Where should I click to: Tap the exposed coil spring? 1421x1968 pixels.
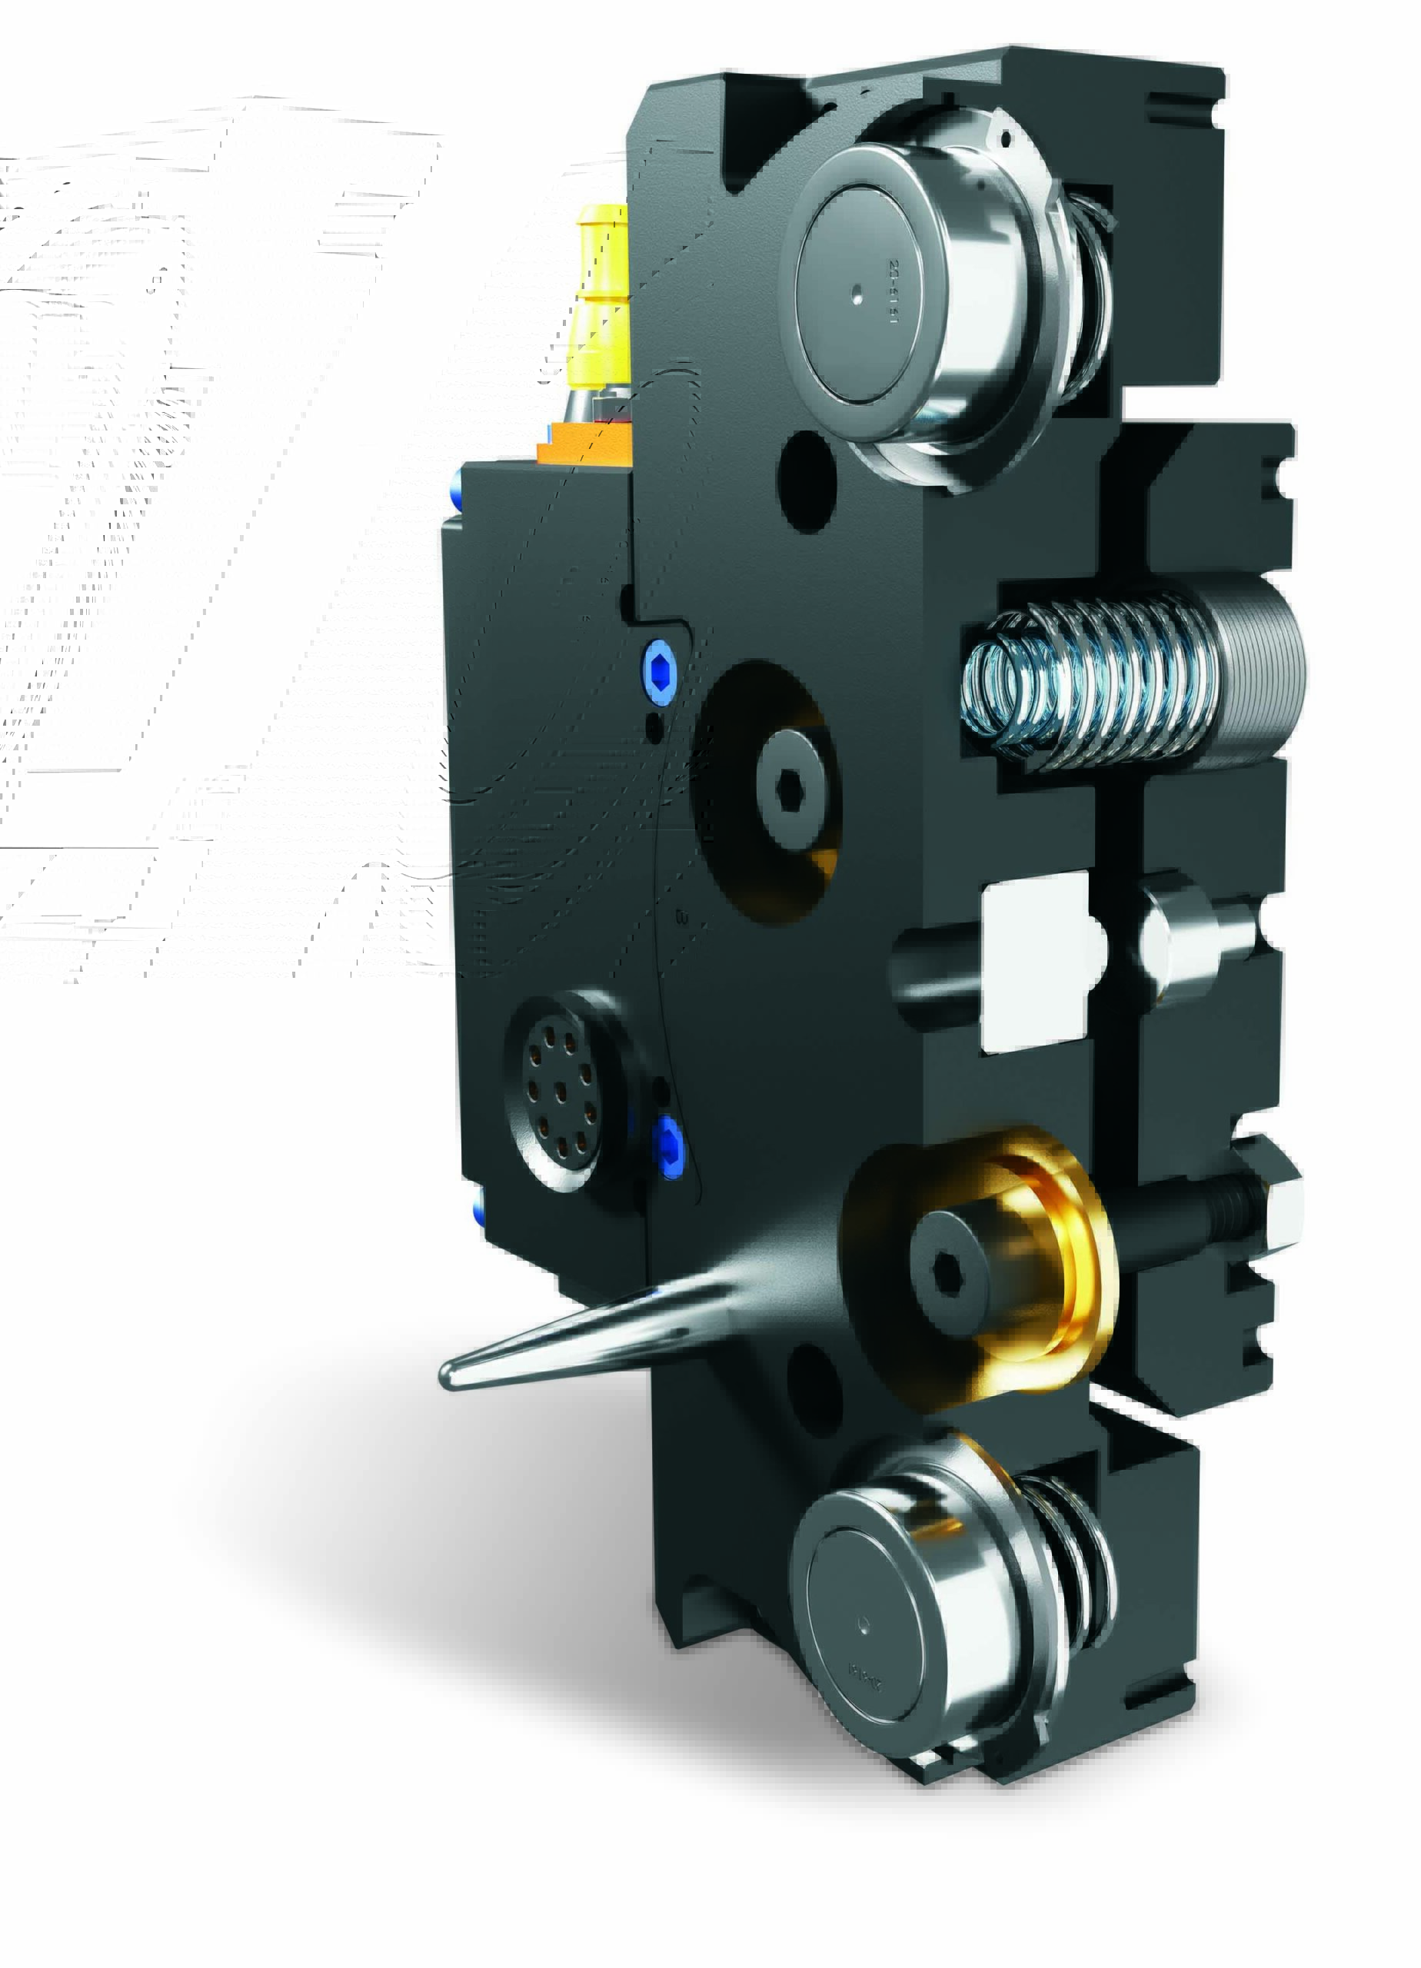(1085, 686)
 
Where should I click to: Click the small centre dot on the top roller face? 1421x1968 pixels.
(857, 294)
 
